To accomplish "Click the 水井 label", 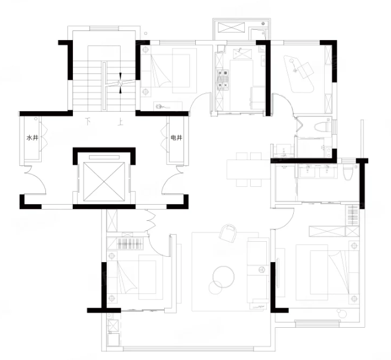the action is click(32, 138).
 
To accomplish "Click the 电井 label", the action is click(176, 138).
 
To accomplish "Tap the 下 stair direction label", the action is click(88, 121).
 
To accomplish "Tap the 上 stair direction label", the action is click(121, 122).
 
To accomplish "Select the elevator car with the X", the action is click(104, 181).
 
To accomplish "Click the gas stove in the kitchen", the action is click(223, 79).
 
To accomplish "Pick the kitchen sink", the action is click(242, 54).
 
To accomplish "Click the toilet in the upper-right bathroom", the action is click(322, 126).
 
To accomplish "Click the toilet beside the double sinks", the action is click(348, 173).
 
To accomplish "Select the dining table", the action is click(248, 170).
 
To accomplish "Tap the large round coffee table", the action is click(224, 277).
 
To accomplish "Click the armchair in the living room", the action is click(228, 233).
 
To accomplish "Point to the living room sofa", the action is click(258, 270).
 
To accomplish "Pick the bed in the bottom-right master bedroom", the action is click(327, 272).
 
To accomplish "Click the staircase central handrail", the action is click(104, 86).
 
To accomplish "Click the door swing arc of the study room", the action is click(288, 100).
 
